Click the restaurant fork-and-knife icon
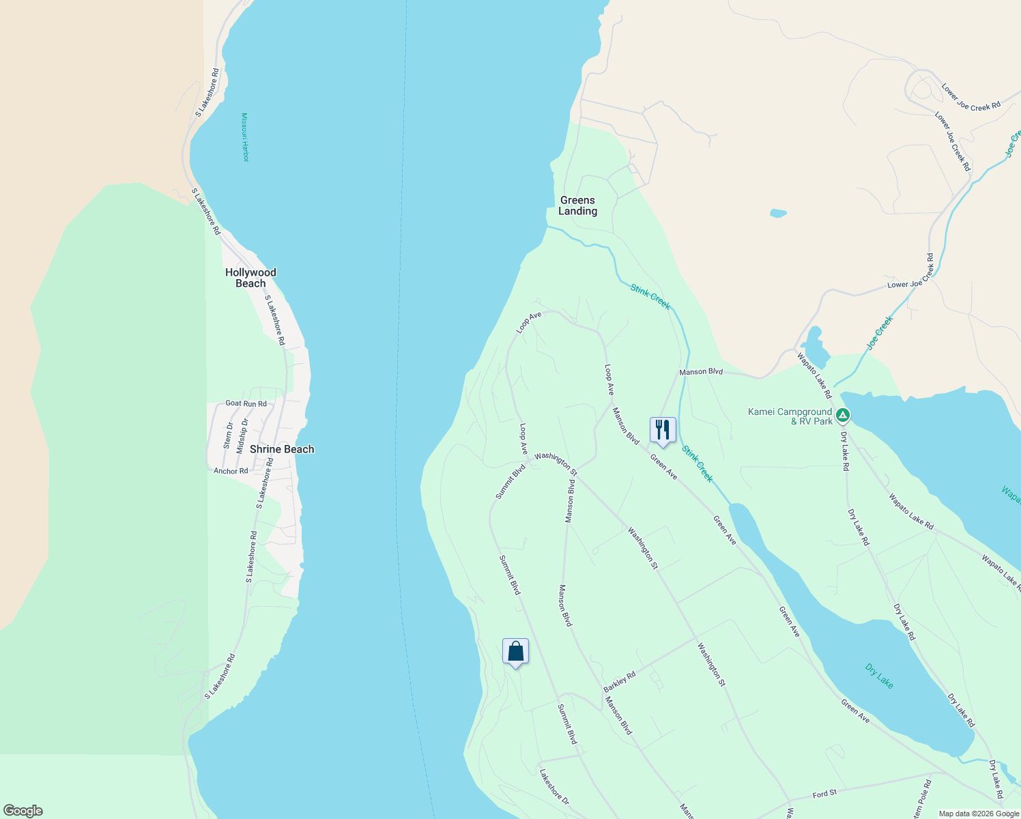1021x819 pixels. click(x=662, y=430)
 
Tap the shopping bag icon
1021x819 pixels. click(x=515, y=652)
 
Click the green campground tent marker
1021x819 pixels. click(x=843, y=415)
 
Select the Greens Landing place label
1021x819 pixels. click(x=577, y=205)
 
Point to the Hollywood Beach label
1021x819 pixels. click(x=250, y=278)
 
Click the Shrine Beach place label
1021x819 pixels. click(x=282, y=449)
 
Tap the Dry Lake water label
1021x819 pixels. click(x=879, y=676)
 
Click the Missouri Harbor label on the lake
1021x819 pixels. click(x=245, y=137)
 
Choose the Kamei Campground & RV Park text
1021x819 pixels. click(x=790, y=416)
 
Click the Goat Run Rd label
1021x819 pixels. click(x=246, y=403)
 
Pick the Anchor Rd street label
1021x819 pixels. click(x=231, y=471)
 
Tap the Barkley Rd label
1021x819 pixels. click(x=620, y=682)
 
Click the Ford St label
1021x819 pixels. click(x=824, y=794)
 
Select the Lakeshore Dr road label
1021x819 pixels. click(x=554, y=786)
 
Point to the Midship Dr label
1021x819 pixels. click(x=241, y=436)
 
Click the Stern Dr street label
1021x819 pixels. click(x=228, y=435)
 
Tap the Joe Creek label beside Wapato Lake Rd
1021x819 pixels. click(x=880, y=332)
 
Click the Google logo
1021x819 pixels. click(x=23, y=811)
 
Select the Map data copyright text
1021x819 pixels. click(x=978, y=814)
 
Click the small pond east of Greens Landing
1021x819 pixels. click(x=778, y=213)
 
